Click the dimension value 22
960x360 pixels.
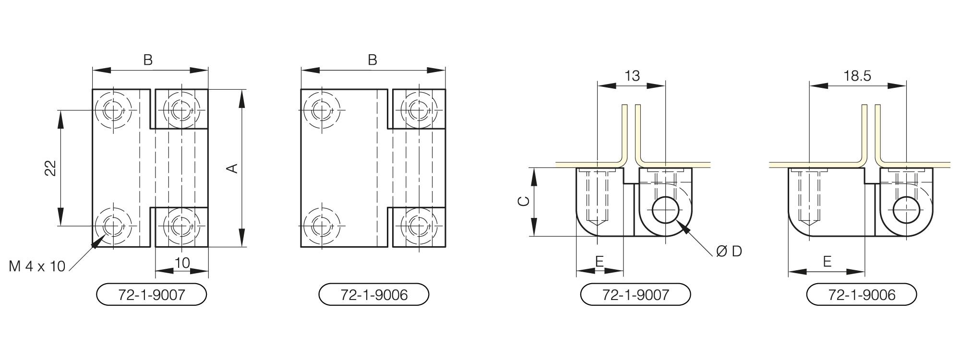pos(51,168)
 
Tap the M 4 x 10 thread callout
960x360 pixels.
pos(37,266)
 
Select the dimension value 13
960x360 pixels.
pos(632,76)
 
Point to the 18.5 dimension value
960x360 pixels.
pos(857,76)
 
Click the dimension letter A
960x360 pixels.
pos(232,168)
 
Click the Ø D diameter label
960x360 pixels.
pos(729,251)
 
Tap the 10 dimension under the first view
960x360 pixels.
pos(182,263)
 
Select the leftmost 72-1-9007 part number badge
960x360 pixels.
pos(152,294)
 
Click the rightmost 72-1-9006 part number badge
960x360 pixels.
pos(862,294)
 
